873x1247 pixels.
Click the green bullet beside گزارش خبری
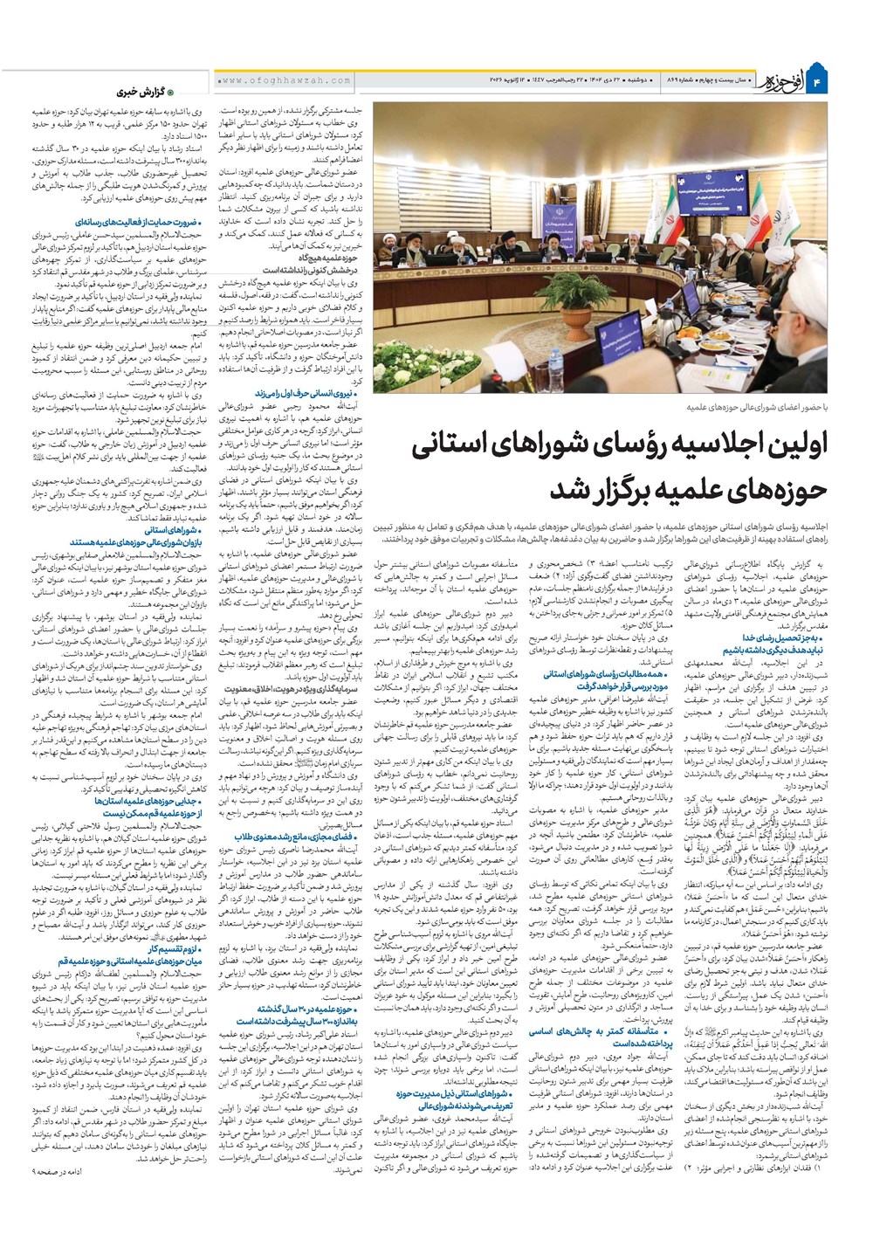[x=171, y=92]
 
